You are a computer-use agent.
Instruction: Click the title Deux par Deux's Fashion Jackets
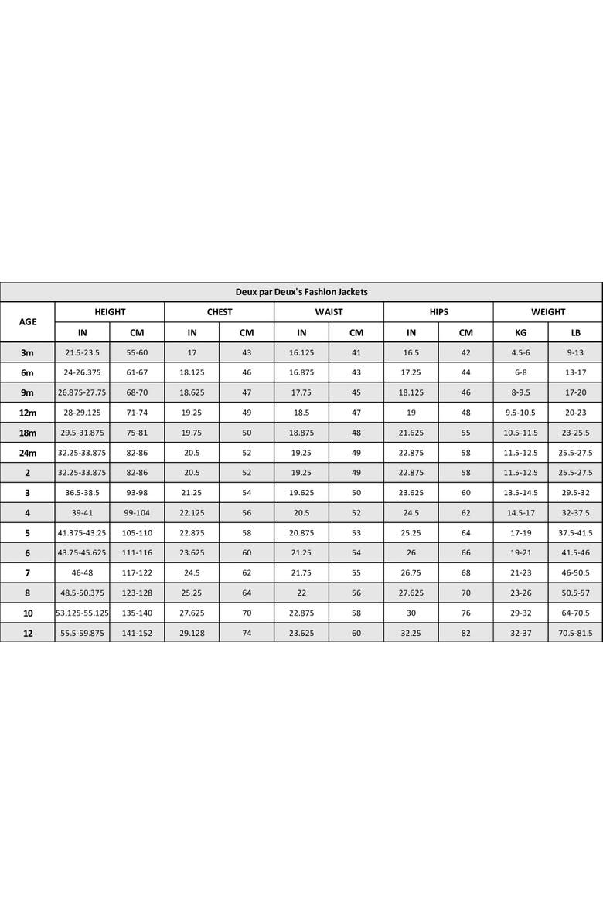[301, 292]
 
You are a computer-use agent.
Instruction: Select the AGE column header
[28, 322]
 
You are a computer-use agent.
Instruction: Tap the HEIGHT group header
[110, 312]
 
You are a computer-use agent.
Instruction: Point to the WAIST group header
[329, 312]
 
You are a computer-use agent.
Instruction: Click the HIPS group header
[438, 312]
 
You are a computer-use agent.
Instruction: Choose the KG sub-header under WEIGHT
[520, 333]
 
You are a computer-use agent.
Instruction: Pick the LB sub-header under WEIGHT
[575, 333]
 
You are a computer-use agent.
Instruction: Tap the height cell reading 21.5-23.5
[82, 352]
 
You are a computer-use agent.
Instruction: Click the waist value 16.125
[301, 352]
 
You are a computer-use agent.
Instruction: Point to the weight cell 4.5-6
[520, 352]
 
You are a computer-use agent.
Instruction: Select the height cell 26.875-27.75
[82, 392]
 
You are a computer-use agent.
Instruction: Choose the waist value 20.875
[301, 533]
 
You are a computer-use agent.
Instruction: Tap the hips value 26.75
[411, 573]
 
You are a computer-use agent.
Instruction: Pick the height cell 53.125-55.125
[82, 613]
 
